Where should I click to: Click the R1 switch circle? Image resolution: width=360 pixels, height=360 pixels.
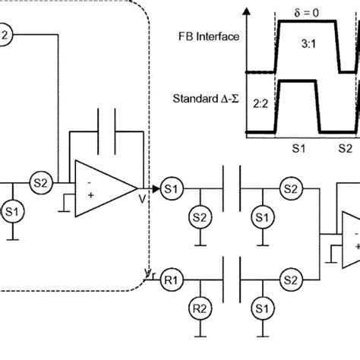coord(171,279)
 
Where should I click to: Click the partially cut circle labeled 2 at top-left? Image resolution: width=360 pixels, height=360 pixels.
coord(4,33)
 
